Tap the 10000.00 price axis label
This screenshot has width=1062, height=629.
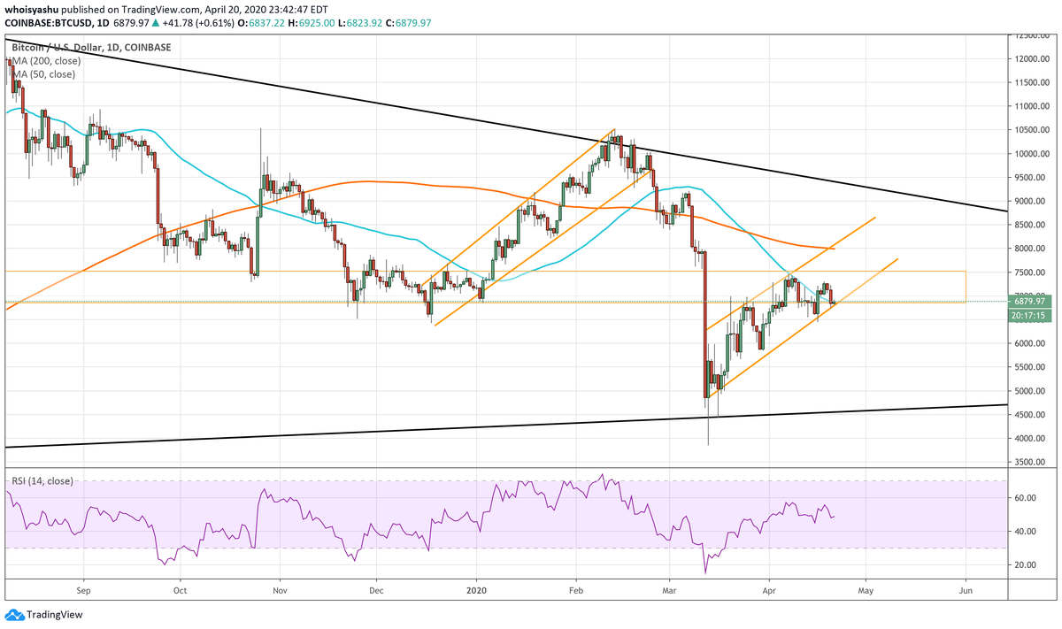pos(1033,154)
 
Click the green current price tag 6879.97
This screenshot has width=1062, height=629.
pos(1032,302)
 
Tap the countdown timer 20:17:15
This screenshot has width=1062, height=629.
pos(1032,314)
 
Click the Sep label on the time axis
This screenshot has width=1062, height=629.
pos(83,588)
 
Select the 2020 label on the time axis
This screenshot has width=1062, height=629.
pos(477,588)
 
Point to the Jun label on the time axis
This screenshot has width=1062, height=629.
pos(966,588)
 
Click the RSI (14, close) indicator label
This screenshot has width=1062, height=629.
pos(42,481)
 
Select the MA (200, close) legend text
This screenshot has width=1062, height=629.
pos(44,61)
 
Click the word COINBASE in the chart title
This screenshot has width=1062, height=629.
pos(148,47)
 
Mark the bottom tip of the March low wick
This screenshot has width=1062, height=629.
pos(708,445)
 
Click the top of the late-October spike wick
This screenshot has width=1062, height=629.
pos(261,128)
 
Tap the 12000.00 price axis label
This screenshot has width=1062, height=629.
pos(1033,59)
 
